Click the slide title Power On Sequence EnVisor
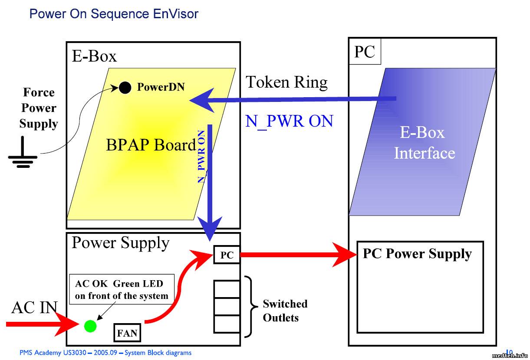coord(114,14)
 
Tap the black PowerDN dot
coord(125,88)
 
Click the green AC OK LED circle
coord(90,326)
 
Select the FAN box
coord(127,333)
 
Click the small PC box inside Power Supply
coord(227,255)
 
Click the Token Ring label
coord(286,82)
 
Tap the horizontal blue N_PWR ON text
coord(289,121)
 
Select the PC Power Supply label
coord(417,253)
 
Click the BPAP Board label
coord(151,145)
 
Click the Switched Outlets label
coord(285,311)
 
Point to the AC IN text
coord(34,308)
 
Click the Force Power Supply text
coord(39,108)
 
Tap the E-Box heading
coord(94,56)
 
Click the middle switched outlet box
coord(227,307)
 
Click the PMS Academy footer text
coord(105,353)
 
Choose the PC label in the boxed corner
coord(365,52)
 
